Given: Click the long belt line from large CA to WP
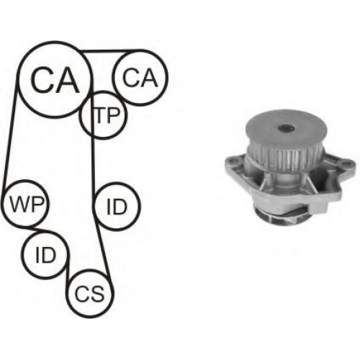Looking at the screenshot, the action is click(10, 135).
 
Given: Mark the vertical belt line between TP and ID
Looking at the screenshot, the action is click(93, 161).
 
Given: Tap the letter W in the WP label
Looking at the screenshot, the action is click(19, 204).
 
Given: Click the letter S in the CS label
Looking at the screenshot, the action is click(97, 293).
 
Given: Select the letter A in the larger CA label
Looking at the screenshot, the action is click(66, 80).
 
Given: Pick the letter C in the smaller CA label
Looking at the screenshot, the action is click(130, 77).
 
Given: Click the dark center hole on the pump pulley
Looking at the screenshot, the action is click(286, 129).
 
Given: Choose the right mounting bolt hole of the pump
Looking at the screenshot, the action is click(346, 165).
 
